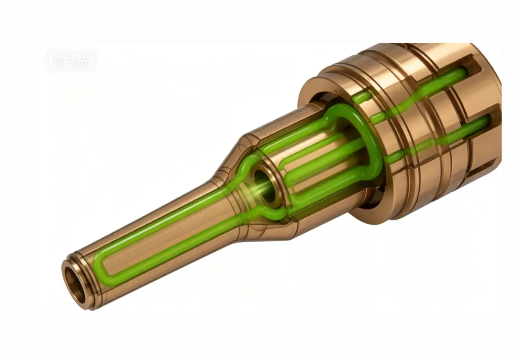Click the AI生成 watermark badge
(71, 61)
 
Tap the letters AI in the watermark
(57, 61)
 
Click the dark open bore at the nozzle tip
(72, 286)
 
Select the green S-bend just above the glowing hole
(247, 166)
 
